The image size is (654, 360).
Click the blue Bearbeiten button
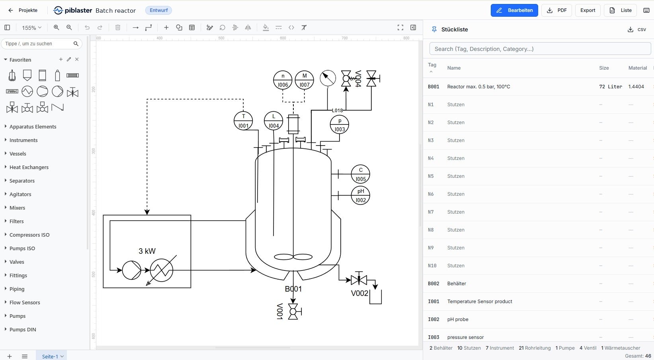coord(514,10)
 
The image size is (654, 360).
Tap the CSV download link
coord(636,29)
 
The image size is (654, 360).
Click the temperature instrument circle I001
coord(243,121)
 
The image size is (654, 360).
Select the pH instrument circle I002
coord(361,195)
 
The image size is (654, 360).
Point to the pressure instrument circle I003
coord(339,125)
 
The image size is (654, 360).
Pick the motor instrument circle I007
coord(304,80)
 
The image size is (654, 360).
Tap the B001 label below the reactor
coord(293,289)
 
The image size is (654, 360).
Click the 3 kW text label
coord(147,251)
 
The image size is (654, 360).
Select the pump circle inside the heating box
coord(131,270)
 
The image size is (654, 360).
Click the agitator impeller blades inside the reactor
coord(293,257)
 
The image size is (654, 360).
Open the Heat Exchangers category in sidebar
coord(29,167)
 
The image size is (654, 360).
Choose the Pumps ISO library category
coord(22,248)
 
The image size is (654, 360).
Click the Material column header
coord(637,68)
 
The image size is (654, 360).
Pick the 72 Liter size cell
coord(611,87)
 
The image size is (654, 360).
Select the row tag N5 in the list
coord(431,176)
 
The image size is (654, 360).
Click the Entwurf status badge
coord(158,10)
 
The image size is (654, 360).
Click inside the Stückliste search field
coord(540,49)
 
